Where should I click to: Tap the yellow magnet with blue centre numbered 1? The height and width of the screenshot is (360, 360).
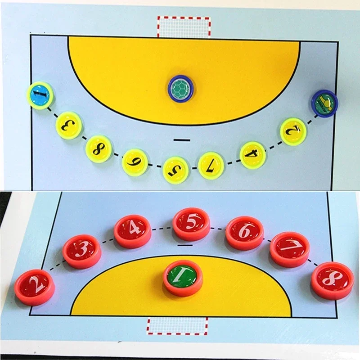coord(40,95)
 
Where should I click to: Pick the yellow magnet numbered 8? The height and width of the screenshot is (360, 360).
coord(99,149)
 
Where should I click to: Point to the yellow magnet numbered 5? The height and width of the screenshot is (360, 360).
coord(175,169)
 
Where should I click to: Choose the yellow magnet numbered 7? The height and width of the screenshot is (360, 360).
coord(211,165)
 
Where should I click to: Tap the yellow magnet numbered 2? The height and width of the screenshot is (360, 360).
coord(293,131)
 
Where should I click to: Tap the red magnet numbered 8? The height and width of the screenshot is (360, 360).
coord(332,280)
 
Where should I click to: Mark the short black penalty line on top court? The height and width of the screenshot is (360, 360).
coord(180,140)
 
